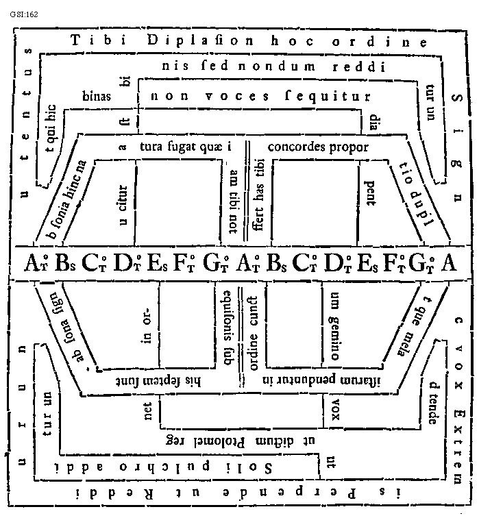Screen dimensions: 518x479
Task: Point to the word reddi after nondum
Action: (x=360, y=67)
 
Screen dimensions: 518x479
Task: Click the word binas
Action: (x=97, y=96)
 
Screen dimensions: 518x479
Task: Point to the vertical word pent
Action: (x=368, y=194)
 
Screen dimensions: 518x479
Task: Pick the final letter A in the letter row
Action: (x=450, y=263)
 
